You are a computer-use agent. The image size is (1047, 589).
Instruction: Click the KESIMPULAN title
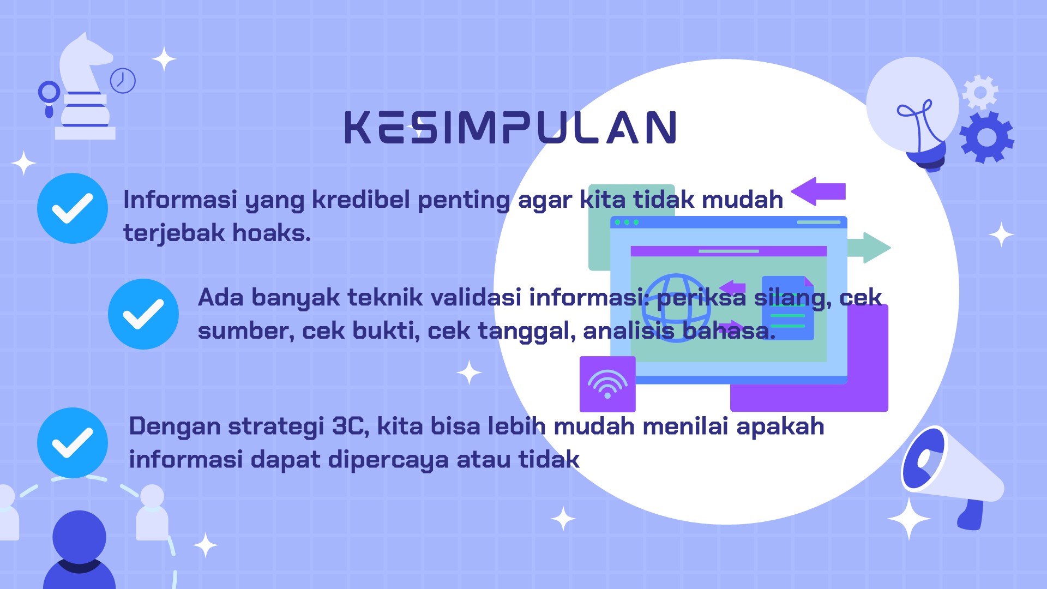tap(510, 127)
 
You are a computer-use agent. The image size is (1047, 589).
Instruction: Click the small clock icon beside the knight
tap(123, 81)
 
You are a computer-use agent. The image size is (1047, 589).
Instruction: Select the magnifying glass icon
tap(49, 98)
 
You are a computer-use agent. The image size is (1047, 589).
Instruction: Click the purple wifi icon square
tap(607, 384)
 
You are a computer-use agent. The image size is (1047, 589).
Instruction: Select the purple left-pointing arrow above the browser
tap(818, 191)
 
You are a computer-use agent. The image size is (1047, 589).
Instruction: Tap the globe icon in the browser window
tap(676, 308)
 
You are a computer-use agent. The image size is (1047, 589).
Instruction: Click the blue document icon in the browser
tap(787, 308)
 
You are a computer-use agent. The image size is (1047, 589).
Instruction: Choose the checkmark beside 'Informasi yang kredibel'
tap(73, 208)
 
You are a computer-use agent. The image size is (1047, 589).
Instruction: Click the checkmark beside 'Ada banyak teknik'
tap(143, 314)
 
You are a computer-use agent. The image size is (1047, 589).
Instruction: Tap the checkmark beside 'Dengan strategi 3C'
tap(73, 443)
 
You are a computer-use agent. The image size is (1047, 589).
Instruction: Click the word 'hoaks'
tap(272, 233)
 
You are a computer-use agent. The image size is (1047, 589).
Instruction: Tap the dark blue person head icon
tap(79, 537)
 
